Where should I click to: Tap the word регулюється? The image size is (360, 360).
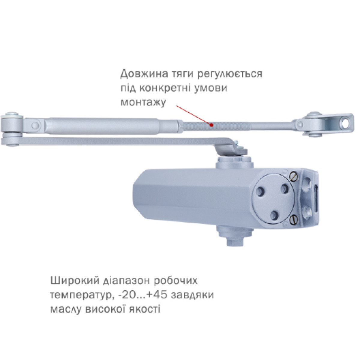point(229,74)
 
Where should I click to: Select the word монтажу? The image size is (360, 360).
point(143,103)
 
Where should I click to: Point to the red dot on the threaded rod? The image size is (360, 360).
point(211,125)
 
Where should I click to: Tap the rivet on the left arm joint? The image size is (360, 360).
point(35,125)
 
